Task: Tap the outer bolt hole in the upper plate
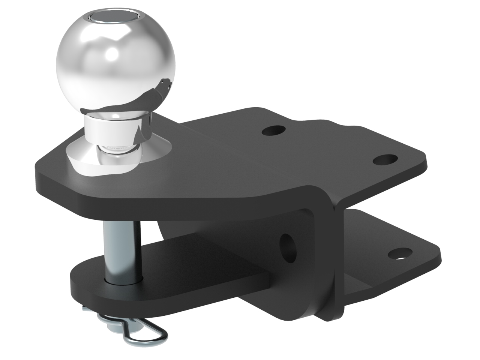pyautogui.click(x=385, y=160)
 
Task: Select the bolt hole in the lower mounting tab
pyautogui.click(x=400, y=255)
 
